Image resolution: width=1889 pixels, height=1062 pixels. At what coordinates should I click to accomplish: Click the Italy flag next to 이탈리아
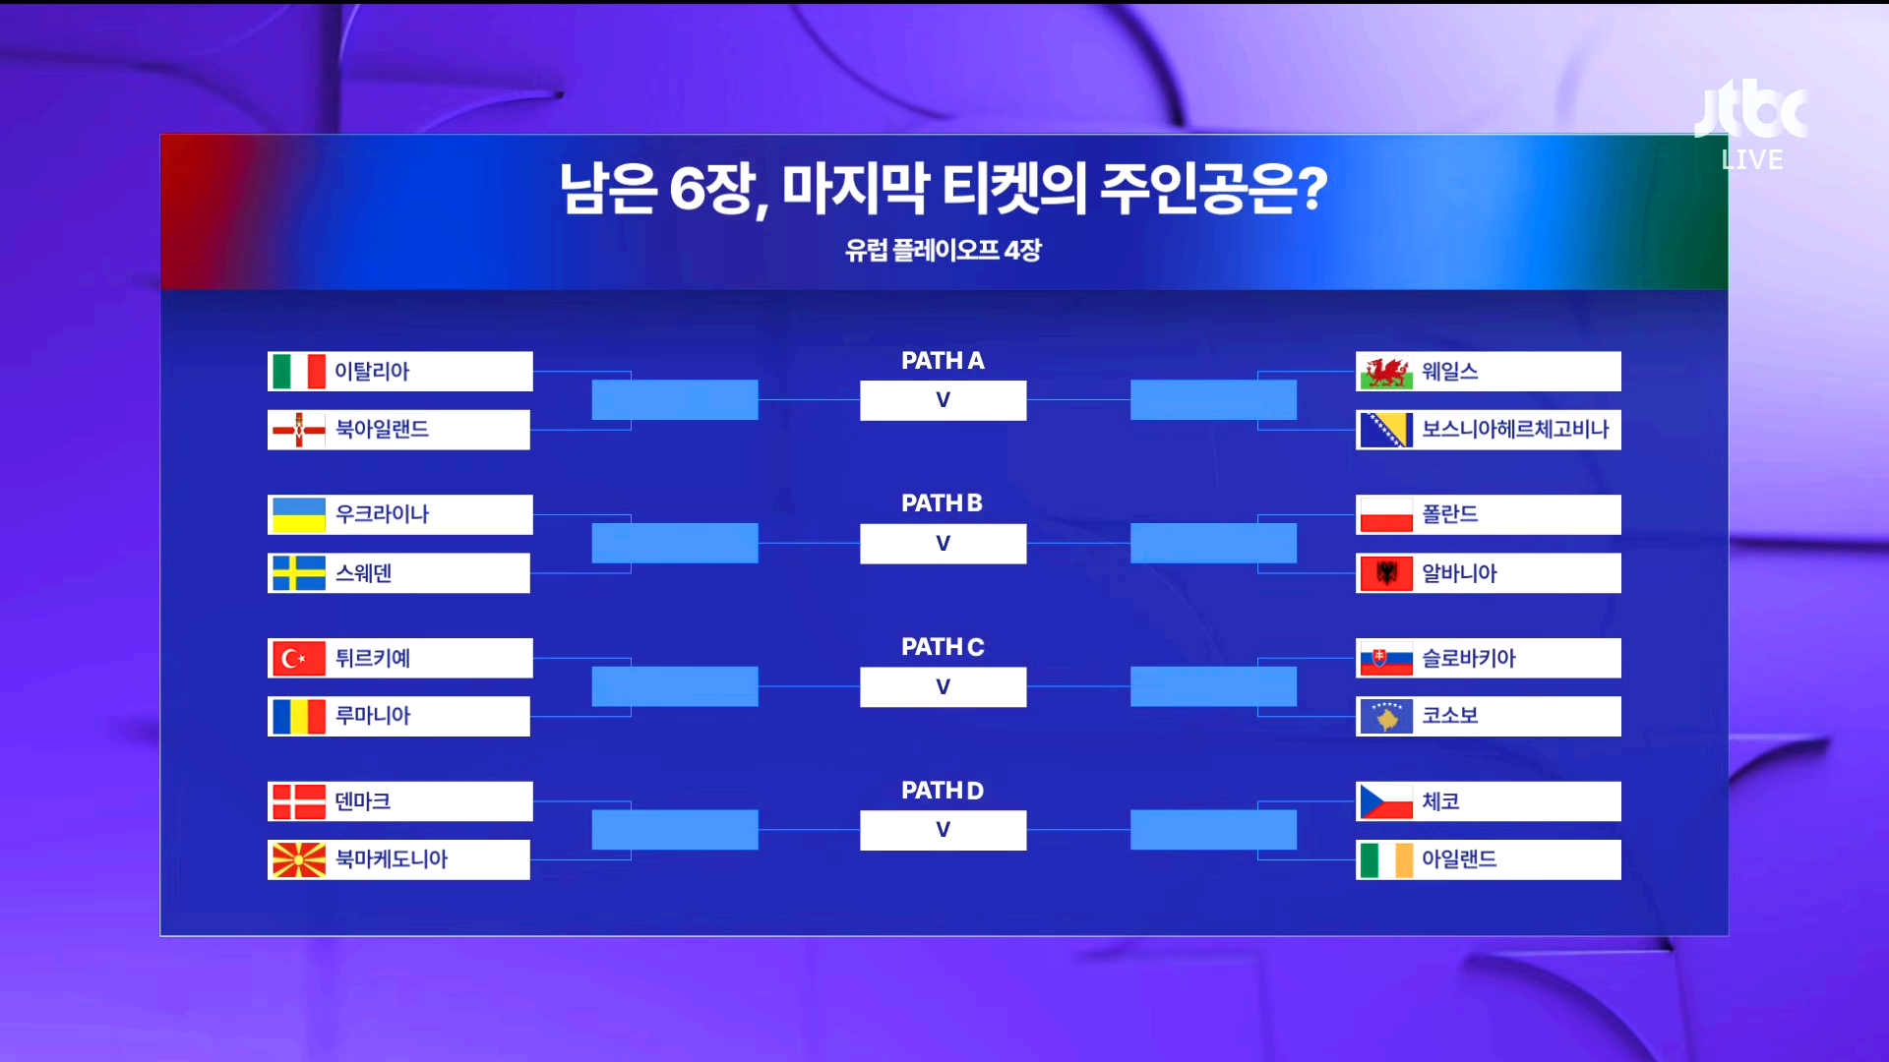coord(298,372)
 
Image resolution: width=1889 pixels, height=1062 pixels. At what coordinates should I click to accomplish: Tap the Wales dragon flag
coord(1386,372)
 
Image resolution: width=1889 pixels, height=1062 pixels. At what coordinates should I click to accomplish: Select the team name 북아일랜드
coord(382,430)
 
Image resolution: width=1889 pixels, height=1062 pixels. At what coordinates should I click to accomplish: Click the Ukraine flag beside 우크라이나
coord(298,514)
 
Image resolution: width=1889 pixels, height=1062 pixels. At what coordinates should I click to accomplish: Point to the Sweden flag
coord(298,573)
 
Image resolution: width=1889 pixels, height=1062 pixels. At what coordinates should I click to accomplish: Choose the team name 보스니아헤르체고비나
coord(1515,430)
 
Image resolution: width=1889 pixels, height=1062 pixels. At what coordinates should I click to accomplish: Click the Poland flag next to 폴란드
coord(1386,514)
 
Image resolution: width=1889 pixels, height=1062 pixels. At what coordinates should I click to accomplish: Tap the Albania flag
coord(1386,573)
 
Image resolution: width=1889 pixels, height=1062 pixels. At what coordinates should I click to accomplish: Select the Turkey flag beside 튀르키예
coord(298,658)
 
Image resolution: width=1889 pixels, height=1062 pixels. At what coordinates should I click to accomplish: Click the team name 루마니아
coord(373,716)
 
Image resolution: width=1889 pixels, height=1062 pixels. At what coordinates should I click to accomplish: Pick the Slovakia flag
coord(1386,658)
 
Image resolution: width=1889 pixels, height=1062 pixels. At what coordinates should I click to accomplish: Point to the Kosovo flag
coord(1386,716)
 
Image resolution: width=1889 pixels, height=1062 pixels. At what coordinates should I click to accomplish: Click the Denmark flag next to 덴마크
coord(298,801)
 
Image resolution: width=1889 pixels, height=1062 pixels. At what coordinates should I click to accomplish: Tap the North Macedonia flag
coord(298,859)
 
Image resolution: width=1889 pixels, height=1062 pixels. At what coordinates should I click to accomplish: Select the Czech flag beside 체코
coord(1386,801)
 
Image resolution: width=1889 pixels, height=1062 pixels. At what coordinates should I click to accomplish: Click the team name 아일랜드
coord(1459,859)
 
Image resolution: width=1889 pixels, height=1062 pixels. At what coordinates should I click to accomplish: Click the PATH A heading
coord(943,361)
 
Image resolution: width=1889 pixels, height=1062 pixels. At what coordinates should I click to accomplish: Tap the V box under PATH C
coord(943,686)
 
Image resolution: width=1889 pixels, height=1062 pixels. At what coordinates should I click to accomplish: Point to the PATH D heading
coord(943,791)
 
